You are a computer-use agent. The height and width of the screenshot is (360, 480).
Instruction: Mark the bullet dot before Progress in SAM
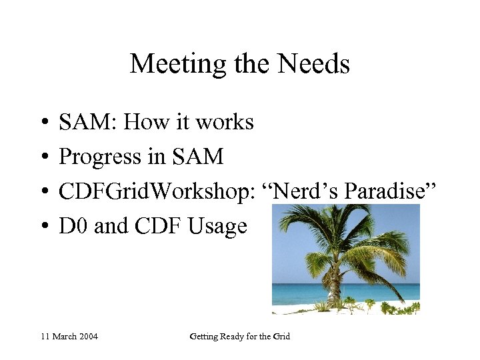[x=42, y=158]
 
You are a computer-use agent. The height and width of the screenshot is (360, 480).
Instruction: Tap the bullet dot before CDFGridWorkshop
[x=42, y=193]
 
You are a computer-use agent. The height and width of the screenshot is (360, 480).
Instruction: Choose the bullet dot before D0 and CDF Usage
[x=42, y=227]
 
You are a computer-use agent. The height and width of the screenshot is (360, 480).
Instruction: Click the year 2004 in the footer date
[x=87, y=337]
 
